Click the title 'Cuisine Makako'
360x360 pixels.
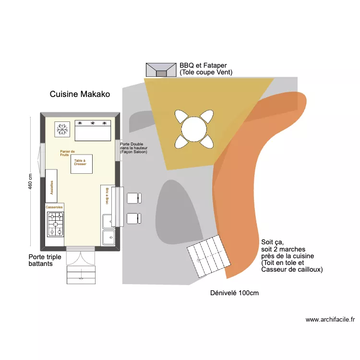(80, 95)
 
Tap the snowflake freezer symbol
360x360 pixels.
(61, 129)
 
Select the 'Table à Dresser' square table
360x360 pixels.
(81, 163)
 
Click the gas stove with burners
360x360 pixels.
(55, 223)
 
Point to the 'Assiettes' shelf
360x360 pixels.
(51, 186)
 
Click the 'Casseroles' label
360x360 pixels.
(54, 207)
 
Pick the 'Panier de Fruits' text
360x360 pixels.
(67, 153)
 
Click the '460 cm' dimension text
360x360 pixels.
(30, 181)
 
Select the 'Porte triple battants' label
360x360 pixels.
(45, 260)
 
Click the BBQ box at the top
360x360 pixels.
(161, 70)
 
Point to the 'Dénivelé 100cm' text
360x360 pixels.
(234, 293)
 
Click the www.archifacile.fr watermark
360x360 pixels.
(330, 319)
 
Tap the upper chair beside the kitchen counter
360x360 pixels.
(133, 198)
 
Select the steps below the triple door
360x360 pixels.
(81, 275)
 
